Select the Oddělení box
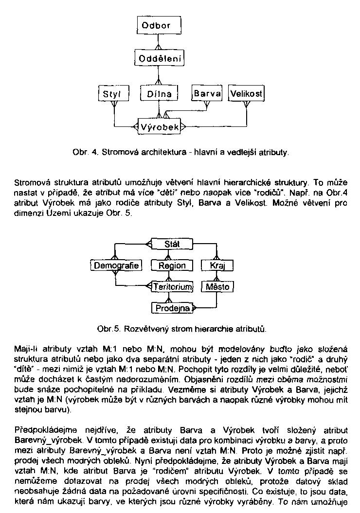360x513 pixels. click(x=160, y=59)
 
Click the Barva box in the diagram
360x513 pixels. click(x=207, y=93)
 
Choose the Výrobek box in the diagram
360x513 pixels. click(x=159, y=127)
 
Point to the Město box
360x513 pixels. click(x=217, y=286)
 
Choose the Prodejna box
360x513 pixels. click(x=172, y=307)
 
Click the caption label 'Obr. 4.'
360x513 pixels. click(x=83, y=153)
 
